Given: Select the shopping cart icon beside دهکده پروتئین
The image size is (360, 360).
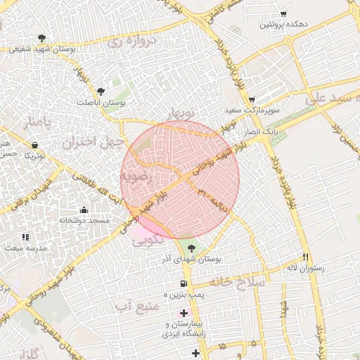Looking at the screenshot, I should (x=283, y=13).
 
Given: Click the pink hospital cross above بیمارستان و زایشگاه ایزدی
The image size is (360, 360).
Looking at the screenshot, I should (x=184, y=312).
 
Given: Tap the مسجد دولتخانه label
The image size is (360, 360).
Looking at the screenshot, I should (x=84, y=221).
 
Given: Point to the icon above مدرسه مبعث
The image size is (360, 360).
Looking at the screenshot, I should (x=25, y=238).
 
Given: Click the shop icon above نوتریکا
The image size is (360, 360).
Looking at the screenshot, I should (x=34, y=145).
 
